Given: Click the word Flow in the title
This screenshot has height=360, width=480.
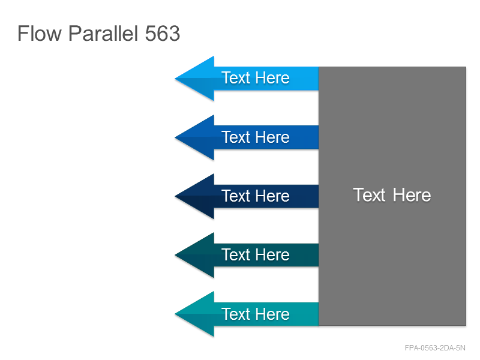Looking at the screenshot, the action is (x=40, y=33).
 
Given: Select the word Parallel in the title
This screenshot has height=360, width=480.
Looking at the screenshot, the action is (x=103, y=33).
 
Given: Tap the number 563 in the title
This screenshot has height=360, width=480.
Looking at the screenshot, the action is (x=162, y=34).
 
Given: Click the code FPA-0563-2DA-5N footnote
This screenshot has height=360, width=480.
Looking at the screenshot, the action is (x=435, y=348).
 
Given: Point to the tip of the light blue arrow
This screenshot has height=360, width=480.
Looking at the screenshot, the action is (x=175, y=79).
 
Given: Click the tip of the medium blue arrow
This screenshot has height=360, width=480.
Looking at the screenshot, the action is (x=175, y=137).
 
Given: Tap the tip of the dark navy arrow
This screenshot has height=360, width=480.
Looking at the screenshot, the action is (x=175, y=196).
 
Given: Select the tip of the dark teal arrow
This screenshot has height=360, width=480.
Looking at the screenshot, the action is (x=175, y=255).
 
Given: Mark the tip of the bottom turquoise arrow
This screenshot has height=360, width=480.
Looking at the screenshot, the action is (x=175, y=314).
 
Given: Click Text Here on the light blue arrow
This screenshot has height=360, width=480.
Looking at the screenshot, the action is (x=256, y=78).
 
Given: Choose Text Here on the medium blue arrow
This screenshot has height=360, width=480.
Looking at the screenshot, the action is (x=256, y=137).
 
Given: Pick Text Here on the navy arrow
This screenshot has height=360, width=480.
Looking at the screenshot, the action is (x=256, y=196).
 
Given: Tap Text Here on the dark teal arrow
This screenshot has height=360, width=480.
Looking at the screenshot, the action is (x=256, y=254).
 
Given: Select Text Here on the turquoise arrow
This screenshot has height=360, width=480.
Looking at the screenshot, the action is (x=256, y=314).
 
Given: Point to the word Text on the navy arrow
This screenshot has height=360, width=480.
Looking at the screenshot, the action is (x=236, y=196).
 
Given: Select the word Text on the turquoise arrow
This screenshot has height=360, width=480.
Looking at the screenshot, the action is (x=236, y=314).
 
